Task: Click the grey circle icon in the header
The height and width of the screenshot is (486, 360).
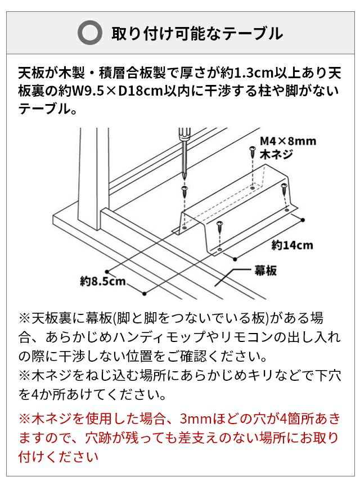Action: point(90,33)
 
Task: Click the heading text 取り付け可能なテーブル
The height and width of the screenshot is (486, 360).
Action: point(197,33)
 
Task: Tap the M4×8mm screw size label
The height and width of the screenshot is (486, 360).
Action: point(288,141)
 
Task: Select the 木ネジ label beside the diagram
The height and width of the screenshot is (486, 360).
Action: point(276,154)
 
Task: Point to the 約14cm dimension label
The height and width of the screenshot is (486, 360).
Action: point(292,245)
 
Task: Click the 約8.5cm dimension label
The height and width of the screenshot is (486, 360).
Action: point(103,281)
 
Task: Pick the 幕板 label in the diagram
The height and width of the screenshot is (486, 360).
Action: point(265,271)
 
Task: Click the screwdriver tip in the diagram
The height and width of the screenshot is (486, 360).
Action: point(185,179)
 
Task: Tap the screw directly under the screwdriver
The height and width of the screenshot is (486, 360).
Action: point(185,191)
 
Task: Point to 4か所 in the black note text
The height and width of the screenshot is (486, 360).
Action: point(48,394)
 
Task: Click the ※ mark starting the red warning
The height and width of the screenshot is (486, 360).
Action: point(25,418)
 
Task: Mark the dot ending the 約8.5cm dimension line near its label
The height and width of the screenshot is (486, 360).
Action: point(145,293)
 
